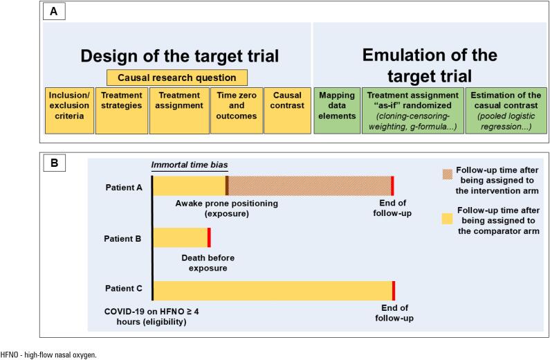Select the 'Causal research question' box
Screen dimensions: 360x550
[x=177, y=78]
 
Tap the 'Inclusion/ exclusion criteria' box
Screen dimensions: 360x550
[x=69, y=109]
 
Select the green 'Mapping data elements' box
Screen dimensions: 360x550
[x=337, y=109]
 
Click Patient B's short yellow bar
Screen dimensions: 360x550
[x=180, y=237]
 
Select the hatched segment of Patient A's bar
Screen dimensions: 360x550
[x=310, y=186]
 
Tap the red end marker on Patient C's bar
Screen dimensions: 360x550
[x=393, y=291]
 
